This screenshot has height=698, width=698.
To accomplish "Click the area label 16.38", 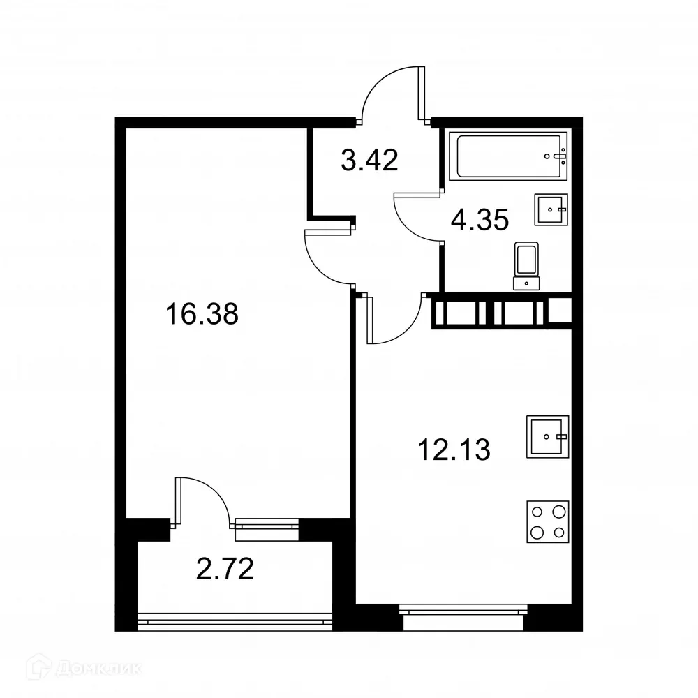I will [x=202, y=315].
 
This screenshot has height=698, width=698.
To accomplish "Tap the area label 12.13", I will [x=454, y=451].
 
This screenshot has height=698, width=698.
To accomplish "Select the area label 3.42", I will [x=369, y=161].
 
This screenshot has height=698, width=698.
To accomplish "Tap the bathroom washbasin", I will [x=551, y=209].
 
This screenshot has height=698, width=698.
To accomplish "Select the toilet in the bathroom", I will [x=526, y=265].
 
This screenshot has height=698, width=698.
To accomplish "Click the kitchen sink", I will [x=547, y=436].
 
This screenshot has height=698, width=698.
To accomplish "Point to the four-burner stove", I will [x=548, y=521].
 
